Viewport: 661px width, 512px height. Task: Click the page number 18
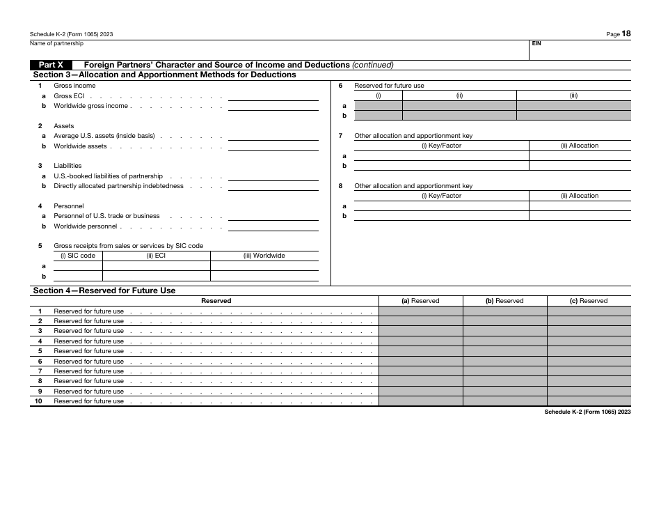tap(627, 33)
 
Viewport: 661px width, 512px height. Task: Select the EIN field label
tap(536, 43)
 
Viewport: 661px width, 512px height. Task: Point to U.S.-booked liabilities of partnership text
tap(108, 176)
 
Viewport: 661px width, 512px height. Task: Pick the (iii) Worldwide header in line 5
tap(264, 256)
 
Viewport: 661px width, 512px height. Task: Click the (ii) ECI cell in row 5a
tap(156, 266)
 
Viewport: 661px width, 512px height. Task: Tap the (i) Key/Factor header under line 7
tap(441, 146)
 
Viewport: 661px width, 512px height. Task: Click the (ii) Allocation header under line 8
tap(580, 196)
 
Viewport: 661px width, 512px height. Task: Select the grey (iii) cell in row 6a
tap(573, 106)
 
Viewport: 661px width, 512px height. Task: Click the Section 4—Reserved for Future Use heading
tap(104, 290)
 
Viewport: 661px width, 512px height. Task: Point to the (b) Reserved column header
tap(504, 301)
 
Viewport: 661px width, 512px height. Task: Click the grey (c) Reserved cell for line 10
tap(589, 401)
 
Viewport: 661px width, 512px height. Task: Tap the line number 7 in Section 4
tap(40, 371)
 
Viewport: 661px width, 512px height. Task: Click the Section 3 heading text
tap(164, 75)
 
